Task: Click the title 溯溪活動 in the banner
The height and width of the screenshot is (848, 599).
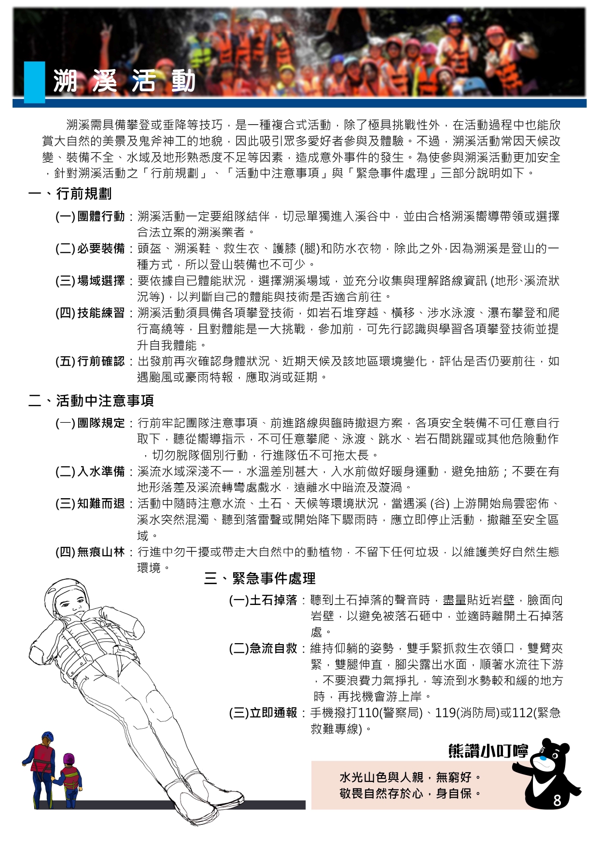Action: tap(124, 81)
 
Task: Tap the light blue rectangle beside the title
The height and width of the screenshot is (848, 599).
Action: tap(34, 82)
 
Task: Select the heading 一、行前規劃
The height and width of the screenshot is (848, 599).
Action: tap(70, 194)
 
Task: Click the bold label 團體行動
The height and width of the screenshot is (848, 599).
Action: tap(101, 216)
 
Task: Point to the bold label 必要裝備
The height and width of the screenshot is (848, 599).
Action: tap(101, 249)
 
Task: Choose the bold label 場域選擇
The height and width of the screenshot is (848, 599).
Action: tap(101, 281)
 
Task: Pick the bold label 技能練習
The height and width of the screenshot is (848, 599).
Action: tap(101, 313)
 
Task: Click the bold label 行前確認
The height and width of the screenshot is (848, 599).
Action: tap(101, 361)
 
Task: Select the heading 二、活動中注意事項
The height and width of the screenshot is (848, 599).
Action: tap(91, 401)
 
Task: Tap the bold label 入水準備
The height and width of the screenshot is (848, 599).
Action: tap(101, 472)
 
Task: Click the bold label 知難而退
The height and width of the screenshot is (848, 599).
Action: tap(101, 503)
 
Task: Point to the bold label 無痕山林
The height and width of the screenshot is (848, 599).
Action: tap(101, 552)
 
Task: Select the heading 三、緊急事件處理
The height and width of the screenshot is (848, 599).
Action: tap(260, 578)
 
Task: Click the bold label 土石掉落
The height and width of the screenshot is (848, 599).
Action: tap(273, 600)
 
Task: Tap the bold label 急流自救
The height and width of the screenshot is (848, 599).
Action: tap(273, 648)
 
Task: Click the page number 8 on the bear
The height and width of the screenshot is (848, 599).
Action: tap(557, 801)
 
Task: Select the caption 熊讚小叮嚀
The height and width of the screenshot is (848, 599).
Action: tap(488, 751)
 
